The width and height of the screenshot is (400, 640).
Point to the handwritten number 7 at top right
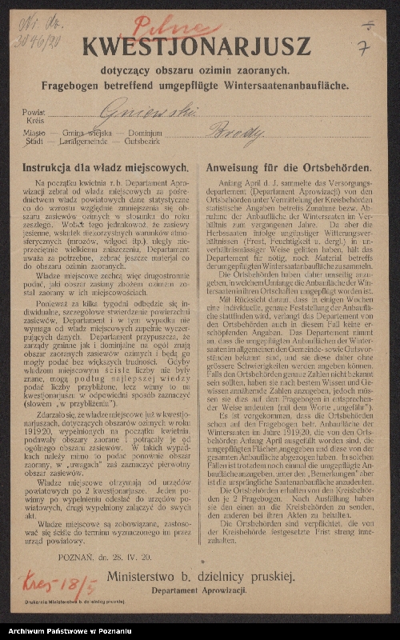click(363, 48)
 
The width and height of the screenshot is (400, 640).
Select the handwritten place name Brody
click(241, 135)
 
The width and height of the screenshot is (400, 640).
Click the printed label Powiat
click(34, 113)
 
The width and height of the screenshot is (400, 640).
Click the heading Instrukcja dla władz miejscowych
click(106, 169)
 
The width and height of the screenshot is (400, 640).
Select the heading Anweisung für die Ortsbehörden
click(288, 169)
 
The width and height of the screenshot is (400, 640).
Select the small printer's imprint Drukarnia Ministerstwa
click(67, 601)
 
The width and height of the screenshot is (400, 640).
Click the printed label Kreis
click(32, 121)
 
